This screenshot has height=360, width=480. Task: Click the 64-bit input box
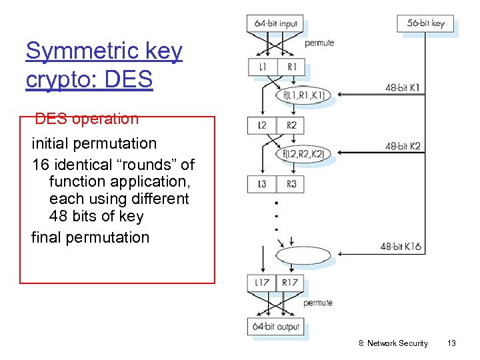276,23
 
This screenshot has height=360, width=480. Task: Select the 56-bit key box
425,23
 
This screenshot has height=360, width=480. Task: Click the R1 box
291,67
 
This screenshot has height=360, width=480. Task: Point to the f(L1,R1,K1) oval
303,96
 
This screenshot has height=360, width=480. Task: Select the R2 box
291,125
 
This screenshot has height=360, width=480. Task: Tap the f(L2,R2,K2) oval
303,155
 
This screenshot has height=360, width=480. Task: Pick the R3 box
291,184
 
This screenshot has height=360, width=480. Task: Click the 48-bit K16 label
401,247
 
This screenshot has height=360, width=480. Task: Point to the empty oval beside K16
302,256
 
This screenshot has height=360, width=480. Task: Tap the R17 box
291,283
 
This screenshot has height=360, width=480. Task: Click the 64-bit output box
276,327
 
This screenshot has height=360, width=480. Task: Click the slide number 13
451,343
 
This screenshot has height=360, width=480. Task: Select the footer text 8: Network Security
393,343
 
